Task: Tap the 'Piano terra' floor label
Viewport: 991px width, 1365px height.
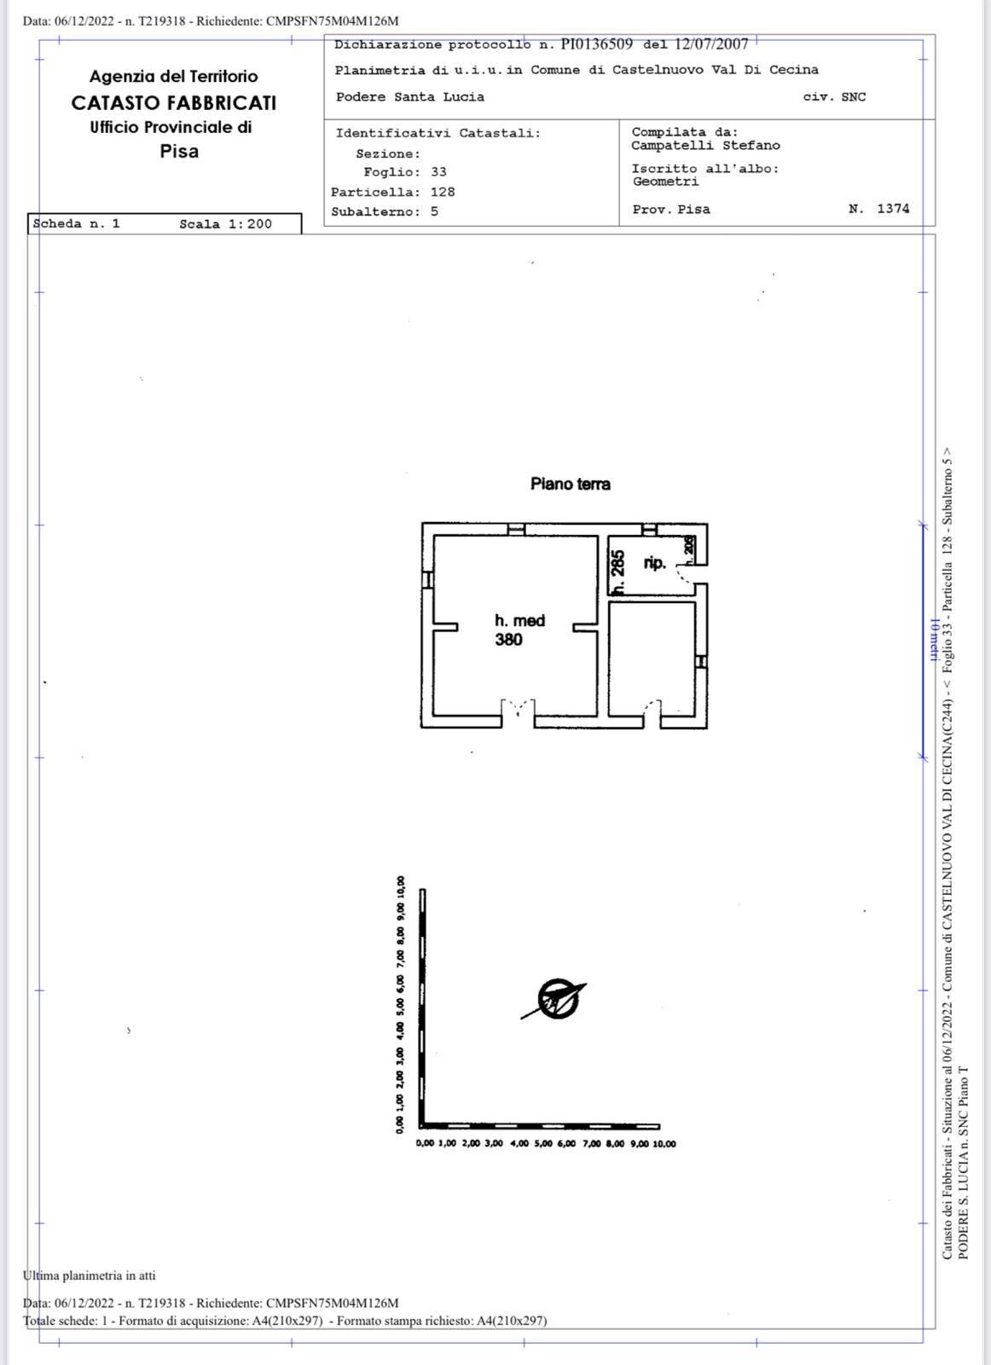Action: coord(570,484)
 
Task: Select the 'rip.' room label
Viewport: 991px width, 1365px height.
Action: coord(655,563)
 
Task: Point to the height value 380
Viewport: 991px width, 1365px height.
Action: coord(508,639)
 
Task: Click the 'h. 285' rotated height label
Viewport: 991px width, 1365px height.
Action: coord(618,572)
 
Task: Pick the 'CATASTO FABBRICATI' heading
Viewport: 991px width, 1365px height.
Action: coord(174,103)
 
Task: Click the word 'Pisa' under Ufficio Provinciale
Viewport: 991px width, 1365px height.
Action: coord(179,151)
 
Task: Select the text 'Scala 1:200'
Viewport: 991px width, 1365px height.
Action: coord(225,224)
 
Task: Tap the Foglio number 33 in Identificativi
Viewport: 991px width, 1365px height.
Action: coord(438,171)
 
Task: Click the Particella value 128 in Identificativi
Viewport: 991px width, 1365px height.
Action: coord(443,192)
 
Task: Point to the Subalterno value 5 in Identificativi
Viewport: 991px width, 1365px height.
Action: coord(434,212)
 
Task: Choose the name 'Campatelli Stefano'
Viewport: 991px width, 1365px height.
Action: coord(705,146)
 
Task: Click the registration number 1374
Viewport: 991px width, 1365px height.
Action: coord(893,208)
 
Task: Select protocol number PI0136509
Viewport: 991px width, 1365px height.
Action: coord(597,44)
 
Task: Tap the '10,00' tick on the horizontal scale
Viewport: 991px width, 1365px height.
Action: coord(664,1144)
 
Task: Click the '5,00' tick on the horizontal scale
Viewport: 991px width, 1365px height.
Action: coord(543,1144)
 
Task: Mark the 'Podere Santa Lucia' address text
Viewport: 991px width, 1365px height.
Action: coord(410,97)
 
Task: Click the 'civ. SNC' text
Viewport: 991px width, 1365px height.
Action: coord(834,97)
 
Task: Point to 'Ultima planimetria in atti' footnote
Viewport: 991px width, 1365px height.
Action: coord(89,1275)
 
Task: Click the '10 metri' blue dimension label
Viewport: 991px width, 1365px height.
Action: coord(933,641)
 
